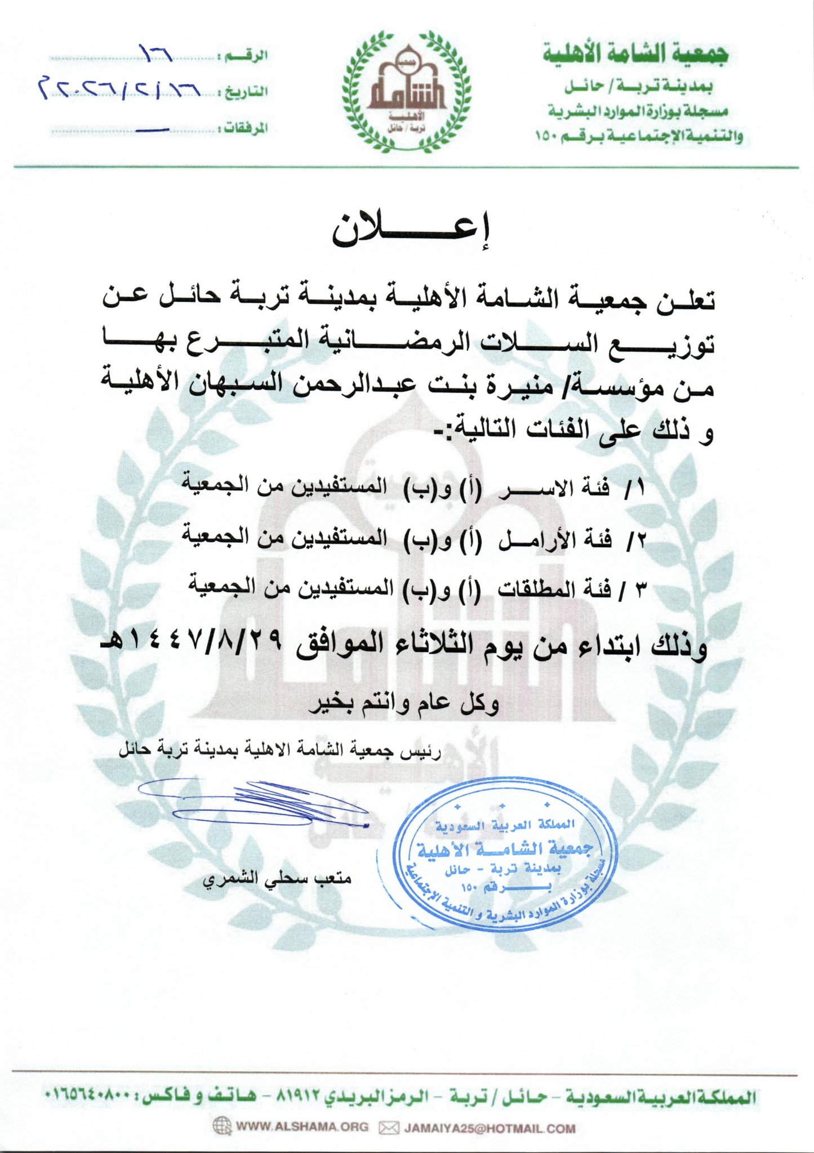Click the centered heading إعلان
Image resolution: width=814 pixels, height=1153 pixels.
coord(411,230)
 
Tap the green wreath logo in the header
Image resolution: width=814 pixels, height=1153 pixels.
coord(408,91)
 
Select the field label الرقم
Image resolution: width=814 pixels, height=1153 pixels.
coord(246,56)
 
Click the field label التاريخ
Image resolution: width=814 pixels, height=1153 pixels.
coord(246,92)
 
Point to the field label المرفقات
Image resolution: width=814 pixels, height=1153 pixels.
coord(246,129)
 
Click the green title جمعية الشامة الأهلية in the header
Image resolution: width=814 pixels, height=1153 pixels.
coord(636,55)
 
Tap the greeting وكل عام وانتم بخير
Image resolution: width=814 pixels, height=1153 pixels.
coord(403,703)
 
